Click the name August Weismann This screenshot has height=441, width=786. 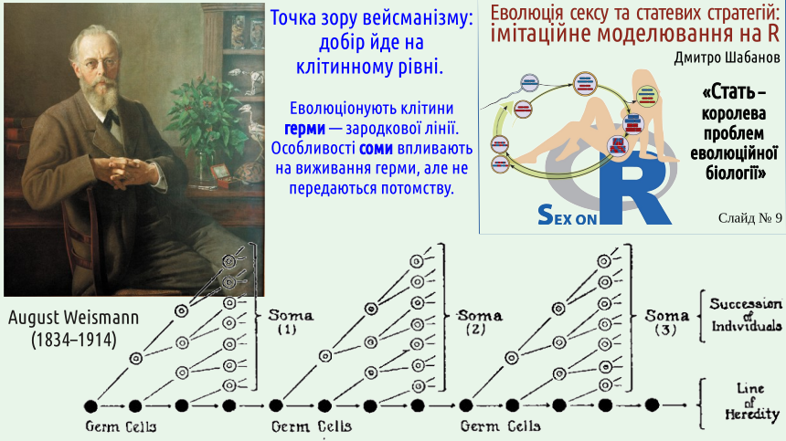click(x=73, y=318)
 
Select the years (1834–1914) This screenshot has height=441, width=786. click(x=74, y=340)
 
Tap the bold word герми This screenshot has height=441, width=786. click(x=304, y=129)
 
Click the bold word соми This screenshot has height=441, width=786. click(x=376, y=149)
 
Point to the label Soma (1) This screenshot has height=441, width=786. click(x=291, y=321)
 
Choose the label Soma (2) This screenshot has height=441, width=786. click(x=479, y=322)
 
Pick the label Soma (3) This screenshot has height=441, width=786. click(x=666, y=322)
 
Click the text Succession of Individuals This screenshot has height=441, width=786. click(x=746, y=315)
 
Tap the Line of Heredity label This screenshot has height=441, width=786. click(x=752, y=401)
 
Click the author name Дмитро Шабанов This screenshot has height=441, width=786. click(x=727, y=58)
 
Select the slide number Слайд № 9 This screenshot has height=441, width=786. click(x=750, y=217)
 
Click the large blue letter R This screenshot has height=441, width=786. click(x=634, y=189)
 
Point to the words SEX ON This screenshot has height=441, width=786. click(x=567, y=215)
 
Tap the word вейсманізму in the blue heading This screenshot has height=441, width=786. click(x=418, y=18)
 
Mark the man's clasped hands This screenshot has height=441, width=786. click(x=128, y=169)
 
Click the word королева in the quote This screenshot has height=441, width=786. click(x=733, y=113)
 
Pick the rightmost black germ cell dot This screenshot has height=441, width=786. click(x=652, y=405)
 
